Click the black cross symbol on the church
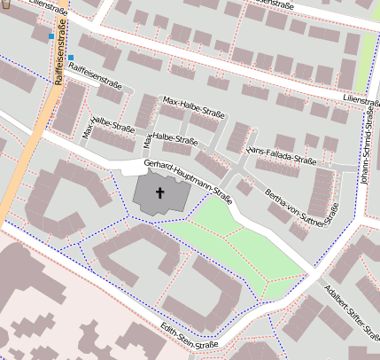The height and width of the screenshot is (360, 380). click(160, 192)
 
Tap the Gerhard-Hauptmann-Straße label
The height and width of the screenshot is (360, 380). click(188, 178)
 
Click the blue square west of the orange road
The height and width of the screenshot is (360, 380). click(50, 36)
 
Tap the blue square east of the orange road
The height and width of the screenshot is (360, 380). click(71, 57)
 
